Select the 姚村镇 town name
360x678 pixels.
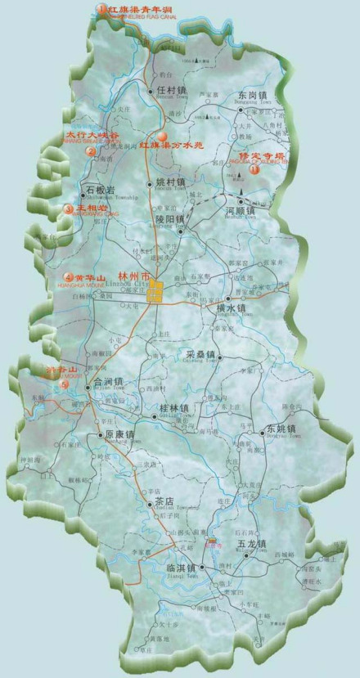pos(170,182)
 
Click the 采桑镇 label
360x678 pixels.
pos(200,354)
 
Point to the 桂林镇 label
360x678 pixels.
pos(173,407)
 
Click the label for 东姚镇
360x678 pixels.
pos(281,429)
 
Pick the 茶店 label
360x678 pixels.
pos(164,501)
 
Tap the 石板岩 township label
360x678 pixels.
pos(100,190)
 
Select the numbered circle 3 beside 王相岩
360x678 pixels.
pos(69,209)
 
